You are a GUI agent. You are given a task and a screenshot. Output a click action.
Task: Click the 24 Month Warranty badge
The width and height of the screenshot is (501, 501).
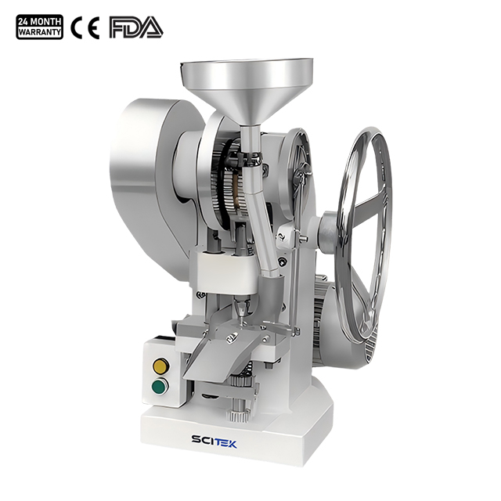40,27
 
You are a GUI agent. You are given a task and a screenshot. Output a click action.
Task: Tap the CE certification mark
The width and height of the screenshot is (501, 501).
85,28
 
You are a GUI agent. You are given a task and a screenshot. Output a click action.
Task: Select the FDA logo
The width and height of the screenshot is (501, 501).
136,27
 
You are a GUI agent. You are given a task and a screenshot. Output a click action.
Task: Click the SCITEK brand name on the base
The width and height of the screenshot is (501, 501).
214,442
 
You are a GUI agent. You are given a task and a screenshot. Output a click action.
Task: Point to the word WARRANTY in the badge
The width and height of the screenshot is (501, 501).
40,32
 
